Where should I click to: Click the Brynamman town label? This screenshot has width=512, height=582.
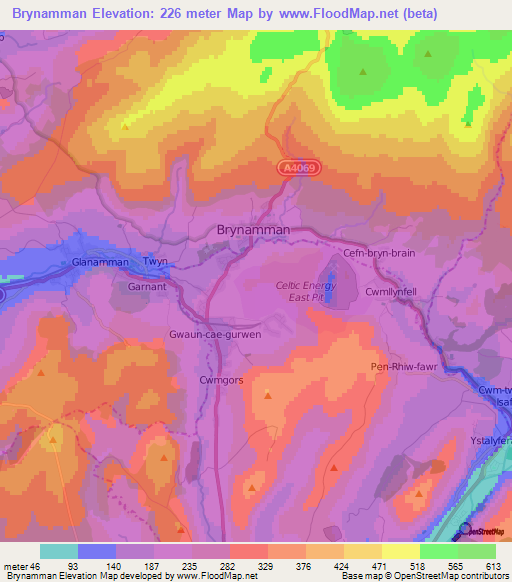(x=253, y=230)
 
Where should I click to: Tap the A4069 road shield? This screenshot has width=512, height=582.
(x=297, y=170)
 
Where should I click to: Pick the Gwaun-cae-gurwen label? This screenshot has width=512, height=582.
(x=215, y=334)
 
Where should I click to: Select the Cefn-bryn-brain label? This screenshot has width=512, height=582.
(x=378, y=253)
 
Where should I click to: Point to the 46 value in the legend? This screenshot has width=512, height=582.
(x=37, y=567)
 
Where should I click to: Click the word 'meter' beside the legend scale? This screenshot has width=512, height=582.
(x=15, y=567)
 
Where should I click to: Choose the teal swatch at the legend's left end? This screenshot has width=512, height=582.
(x=59, y=551)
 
